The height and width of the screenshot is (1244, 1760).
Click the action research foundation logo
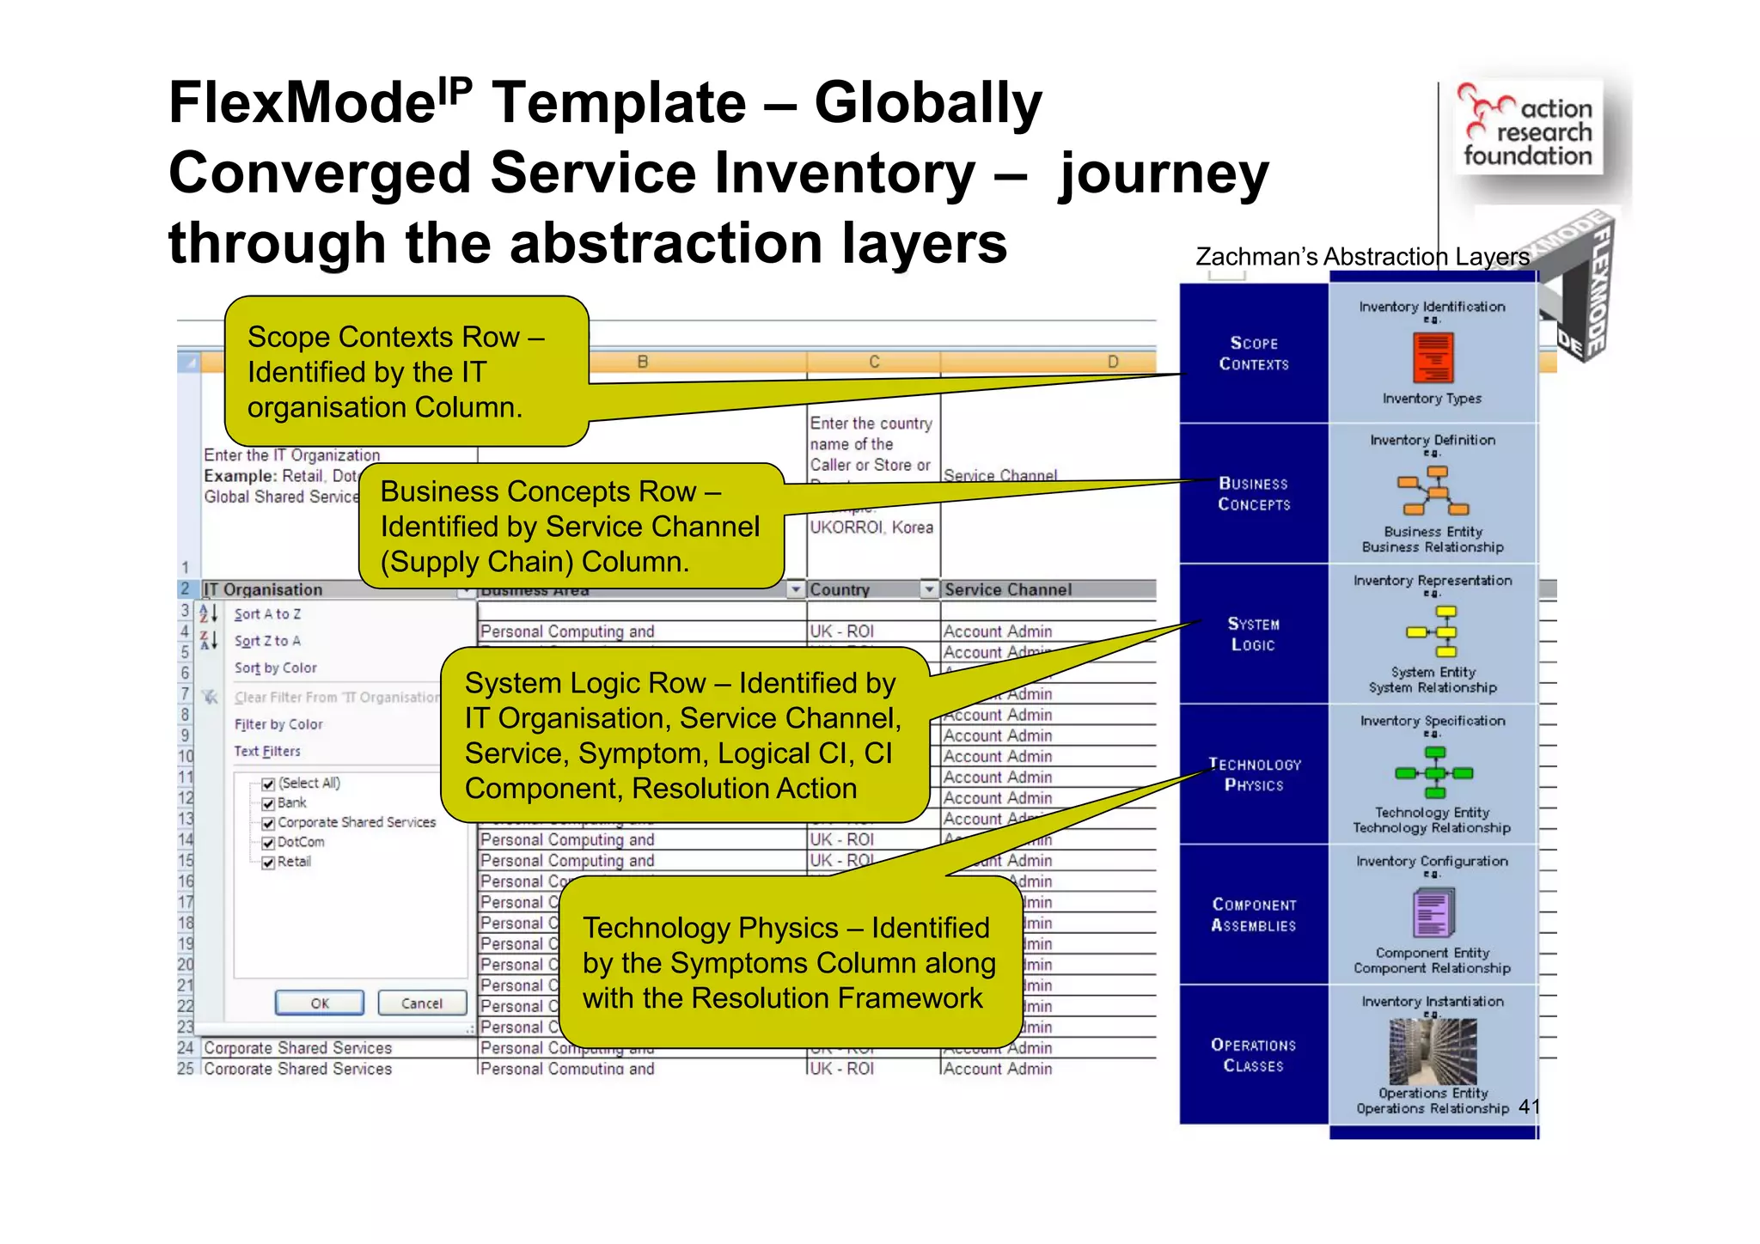[x=1528, y=127]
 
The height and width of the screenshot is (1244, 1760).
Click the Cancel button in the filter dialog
[x=421, y=1003]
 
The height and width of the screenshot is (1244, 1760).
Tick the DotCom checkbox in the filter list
[x=268, y=843]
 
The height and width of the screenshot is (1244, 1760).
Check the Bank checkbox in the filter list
[x=268, y=803]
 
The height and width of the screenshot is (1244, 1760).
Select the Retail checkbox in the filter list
[x=268, y=863]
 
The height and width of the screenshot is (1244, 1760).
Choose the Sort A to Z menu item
[x=267, y=614]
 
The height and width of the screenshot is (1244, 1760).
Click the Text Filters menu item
[x=267, y=751]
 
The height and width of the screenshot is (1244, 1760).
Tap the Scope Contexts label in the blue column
[x=1254, y=353]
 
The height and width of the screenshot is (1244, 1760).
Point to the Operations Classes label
[x=1254, y=1055]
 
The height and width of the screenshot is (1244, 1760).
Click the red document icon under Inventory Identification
[x=1433, y=357]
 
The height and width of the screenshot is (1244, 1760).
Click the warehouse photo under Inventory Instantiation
[x=1433, y=1051]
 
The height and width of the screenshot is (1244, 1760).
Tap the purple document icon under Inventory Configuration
[x=1433, y=912]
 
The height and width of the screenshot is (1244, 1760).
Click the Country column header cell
[x=863, y=589]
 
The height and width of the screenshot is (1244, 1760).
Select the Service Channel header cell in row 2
[x=1007, y=589]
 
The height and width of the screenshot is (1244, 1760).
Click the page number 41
[x=1529, y=1107]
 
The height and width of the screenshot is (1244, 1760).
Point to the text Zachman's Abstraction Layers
[x=1362, y=257]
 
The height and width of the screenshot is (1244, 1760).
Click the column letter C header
[x=874, y=362]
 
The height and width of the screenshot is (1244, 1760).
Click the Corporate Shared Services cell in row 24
[x=297, y=1048]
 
